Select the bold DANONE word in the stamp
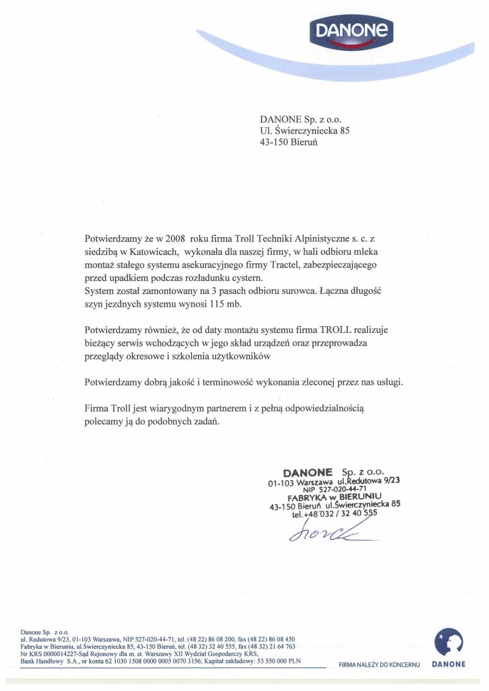(307, 472)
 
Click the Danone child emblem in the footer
(448, 642)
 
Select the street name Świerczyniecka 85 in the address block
(311, 130)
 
